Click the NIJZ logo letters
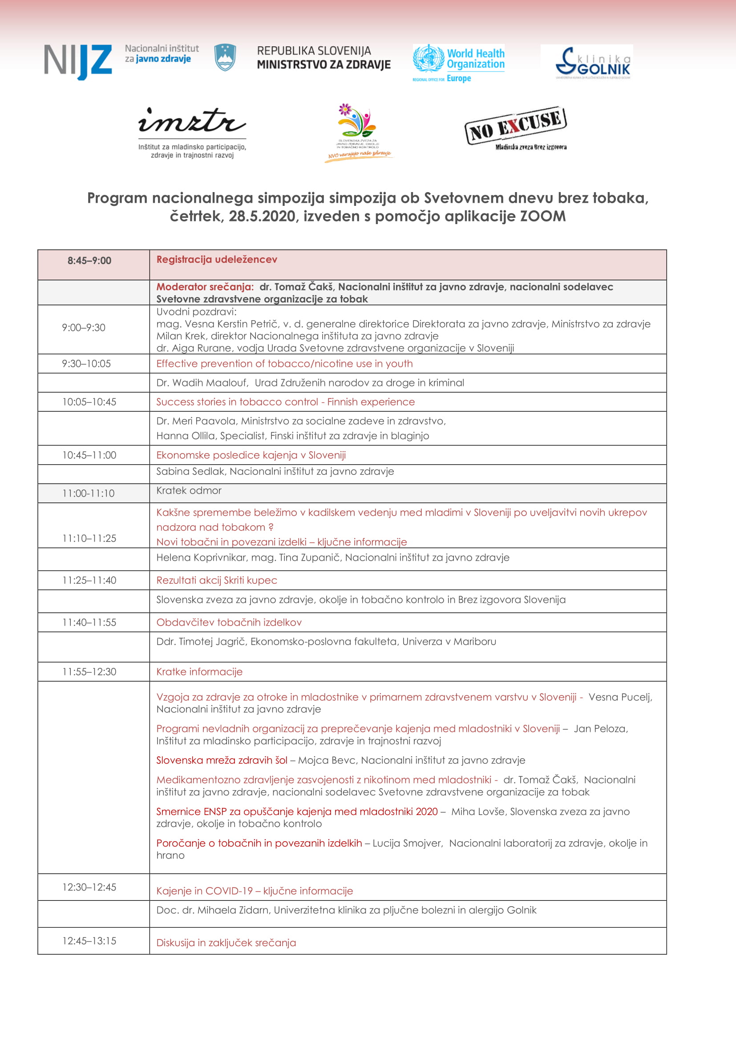coord(78,61)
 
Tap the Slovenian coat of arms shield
coord(225,57)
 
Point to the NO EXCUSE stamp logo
coord(515,125)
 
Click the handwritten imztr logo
coord(192,121)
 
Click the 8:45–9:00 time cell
coord(89,261)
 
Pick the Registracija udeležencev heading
coord(217,260)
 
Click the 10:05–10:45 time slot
coord(89,402)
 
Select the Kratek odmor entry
coord(189,490)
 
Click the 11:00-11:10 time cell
coord(89,493)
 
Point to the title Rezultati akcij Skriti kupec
coord(217,580)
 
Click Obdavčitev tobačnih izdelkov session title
coord(229,622)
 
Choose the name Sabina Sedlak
coord(190,471)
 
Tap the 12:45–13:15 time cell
coord(89,941)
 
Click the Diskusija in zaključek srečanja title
coord(226,943)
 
